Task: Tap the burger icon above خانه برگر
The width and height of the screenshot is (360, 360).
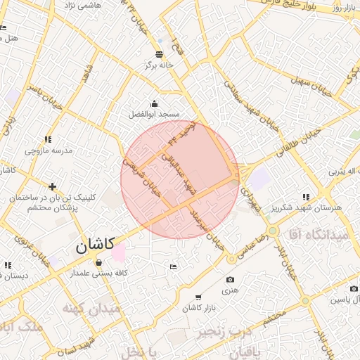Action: click(x=159, y=53)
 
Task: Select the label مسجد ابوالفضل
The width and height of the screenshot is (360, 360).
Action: click(x=154, y=113)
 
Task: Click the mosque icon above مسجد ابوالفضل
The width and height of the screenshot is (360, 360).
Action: click(x=154, y=103)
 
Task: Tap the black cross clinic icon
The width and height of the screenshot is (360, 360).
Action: click(x=53, y=186)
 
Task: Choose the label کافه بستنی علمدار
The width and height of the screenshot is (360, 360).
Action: click(x=98, y=274)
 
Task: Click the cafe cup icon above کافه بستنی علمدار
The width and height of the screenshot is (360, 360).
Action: click(x=98, y=263)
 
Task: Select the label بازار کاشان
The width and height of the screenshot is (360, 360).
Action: click(x=198, y=308)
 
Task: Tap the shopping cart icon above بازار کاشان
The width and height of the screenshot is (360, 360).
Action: click(x=198, y=297)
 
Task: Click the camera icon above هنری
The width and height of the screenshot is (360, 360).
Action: click(x=231, y=279)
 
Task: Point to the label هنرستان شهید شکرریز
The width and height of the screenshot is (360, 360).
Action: click(x=305, y=208)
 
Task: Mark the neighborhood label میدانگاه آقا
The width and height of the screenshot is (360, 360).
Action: click(x=323, y=236)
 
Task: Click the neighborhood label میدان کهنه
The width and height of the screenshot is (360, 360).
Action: click(x=90, y=309)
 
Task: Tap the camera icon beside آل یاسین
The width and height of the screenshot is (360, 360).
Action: click(x=349, y=288)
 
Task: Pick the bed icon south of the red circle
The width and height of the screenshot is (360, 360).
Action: click(x=174, y=266)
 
